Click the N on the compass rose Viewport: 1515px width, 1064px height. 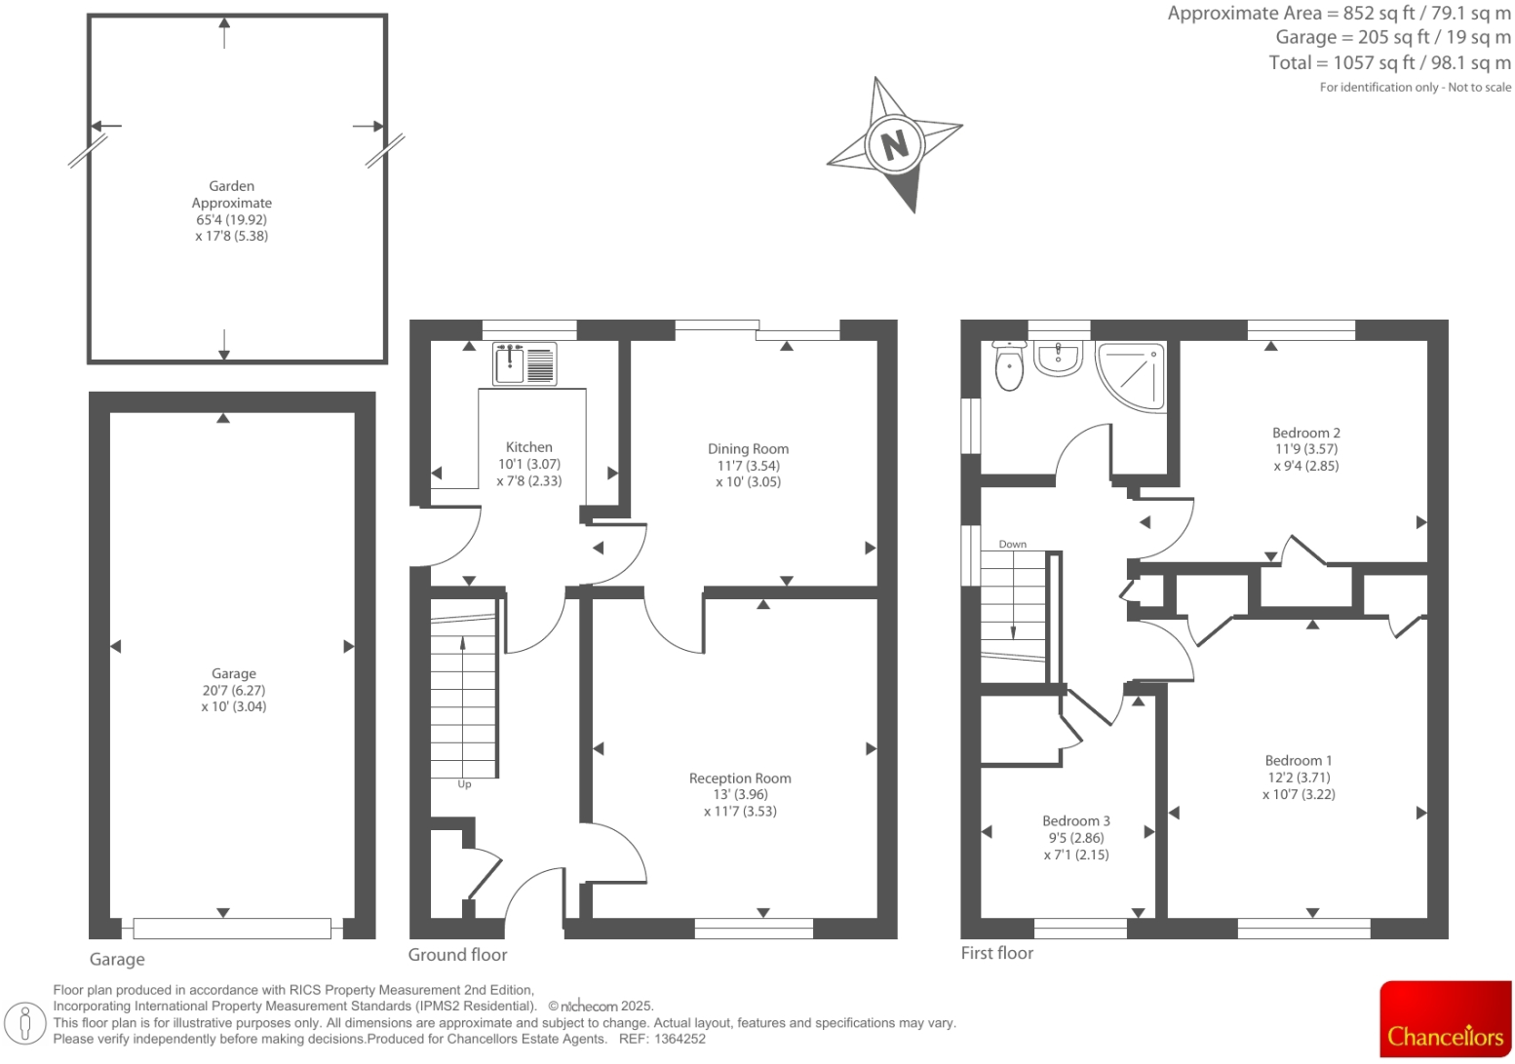click(894, 144)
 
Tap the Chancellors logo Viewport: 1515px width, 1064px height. click(1445, 1019)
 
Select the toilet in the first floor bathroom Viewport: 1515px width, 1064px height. click(1009, 364)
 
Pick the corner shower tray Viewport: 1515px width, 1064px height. click(1133, 375)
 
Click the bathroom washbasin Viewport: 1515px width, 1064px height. click(1057, 359)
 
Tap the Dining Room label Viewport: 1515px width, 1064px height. click(748, 449)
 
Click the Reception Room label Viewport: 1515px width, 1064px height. click(740, 779)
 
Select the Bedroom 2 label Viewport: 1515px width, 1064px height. click(1305, 433)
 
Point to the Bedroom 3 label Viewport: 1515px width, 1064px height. click(1075, 821)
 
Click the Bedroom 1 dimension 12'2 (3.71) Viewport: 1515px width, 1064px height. click(1299, 778)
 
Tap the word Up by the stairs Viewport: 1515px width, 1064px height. click(464, 784)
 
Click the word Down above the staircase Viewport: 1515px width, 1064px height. click(1012, 545)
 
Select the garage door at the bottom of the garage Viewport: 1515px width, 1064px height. click(232, 929)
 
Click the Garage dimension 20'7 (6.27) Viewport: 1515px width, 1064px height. click(233, 690)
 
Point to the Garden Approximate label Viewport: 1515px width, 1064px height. click(231, 194)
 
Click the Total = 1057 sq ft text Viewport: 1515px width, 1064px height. click(1388, 62)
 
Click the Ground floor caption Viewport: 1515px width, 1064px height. click(457, 955)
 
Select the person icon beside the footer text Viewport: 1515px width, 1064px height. click(26, 1023)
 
